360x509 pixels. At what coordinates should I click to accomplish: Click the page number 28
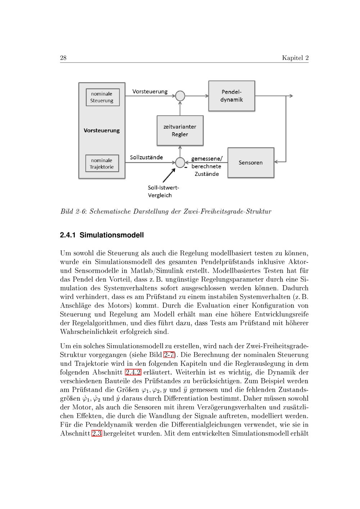[x=63, y=58]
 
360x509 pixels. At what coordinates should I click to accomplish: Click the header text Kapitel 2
[x=295, y=58]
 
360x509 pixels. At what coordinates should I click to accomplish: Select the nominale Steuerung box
[x=102, y=97]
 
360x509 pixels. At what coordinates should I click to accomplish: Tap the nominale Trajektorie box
[x=102, y=164]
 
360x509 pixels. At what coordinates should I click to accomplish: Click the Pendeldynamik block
[x=231, y=96]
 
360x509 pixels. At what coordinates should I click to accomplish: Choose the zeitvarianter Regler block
[x=180, y=131]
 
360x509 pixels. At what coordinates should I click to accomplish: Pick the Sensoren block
[x=251, y=163]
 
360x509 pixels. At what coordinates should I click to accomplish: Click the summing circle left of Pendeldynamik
[x=180, y=96]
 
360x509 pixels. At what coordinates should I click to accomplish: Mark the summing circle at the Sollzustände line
[x=180, y=163]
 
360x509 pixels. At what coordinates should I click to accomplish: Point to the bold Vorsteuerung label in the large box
[x=102, y=130]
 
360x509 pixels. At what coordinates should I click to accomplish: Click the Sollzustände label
[x=146, y=157]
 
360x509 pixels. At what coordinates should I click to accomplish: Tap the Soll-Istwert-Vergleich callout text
[x=163, y=191]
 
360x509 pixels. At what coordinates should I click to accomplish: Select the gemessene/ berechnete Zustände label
[x=207, y=166]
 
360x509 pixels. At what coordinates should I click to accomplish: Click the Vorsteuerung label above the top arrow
[x=150, y=91]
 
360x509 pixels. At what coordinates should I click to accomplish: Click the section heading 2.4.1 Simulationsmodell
[x=102, y=235]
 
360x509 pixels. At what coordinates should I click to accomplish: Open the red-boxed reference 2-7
[x=169, y=355]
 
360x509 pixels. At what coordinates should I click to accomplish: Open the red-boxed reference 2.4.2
[x=133, y=372]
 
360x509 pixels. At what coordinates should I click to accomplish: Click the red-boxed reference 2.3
[x=96, y=433]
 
